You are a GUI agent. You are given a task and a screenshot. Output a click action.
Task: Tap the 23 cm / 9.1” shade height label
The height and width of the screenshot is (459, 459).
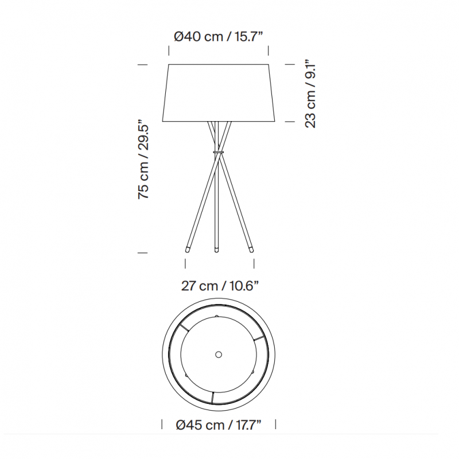coord(310,92)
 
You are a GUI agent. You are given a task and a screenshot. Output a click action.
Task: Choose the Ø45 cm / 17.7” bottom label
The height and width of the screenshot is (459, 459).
coord(219,425)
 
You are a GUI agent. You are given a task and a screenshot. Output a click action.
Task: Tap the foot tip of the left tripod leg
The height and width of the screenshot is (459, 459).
coord(187,249)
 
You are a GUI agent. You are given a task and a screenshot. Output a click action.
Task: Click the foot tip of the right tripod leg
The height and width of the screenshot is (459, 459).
coord(251,249)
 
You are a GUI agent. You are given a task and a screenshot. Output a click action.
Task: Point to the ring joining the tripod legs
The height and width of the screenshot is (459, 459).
coord(217,152)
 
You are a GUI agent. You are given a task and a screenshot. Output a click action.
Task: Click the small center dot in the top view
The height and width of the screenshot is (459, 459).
coord(219,355)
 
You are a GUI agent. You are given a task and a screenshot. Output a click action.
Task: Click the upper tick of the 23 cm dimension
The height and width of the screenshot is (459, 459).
coord(290,65)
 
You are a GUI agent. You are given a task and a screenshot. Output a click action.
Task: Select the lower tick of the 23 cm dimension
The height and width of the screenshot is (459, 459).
coord(290,122)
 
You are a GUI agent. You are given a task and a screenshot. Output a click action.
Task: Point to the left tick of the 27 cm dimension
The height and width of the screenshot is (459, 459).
coord(185,263)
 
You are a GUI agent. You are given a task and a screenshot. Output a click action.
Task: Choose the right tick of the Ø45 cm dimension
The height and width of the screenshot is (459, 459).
coord(277,425)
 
